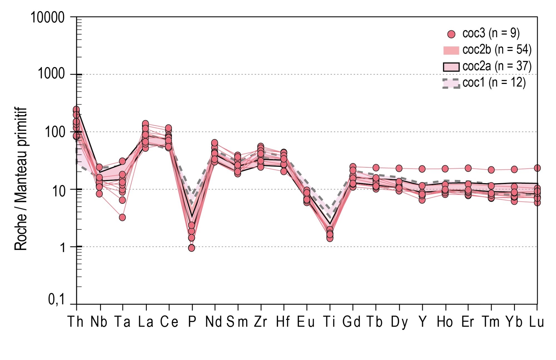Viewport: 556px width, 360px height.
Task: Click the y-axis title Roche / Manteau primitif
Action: point(21,179)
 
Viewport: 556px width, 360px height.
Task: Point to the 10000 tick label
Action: point(48,18)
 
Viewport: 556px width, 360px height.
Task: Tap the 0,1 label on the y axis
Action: point(56,300)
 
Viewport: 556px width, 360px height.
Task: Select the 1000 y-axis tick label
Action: point(51,74)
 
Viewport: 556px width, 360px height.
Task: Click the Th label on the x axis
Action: point(76,322)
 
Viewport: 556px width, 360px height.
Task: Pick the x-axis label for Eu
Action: point(306,322)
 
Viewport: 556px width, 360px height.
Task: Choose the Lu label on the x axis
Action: point(536,322)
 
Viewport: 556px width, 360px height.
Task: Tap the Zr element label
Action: point(260,322)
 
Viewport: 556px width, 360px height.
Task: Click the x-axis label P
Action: point(192,322)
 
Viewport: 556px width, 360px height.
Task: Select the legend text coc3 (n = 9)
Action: point(491,33)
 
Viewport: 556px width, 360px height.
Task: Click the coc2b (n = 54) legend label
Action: point(497,49)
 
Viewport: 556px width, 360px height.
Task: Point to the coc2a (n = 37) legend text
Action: point(497,66)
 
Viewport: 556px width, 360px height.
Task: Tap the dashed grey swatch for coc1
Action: point(451,83)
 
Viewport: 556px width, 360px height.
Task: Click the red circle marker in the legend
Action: point(451,34)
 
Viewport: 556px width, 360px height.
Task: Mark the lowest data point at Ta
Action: point(122,217)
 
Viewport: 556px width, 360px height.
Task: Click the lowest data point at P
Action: point(192,248)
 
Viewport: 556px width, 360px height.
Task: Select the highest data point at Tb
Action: point(376,168)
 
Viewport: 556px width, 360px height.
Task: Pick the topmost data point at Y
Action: point(422,169)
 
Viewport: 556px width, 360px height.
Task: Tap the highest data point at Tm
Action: point(491,170)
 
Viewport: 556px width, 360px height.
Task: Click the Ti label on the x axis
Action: point(329,322)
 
